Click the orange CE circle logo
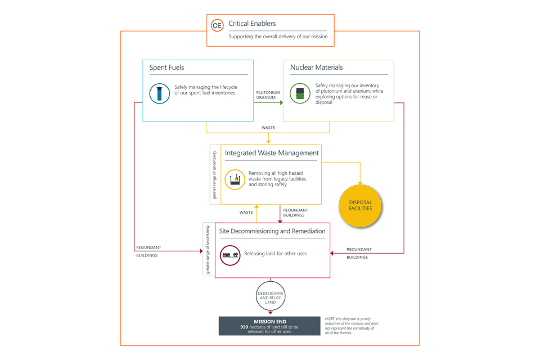[x=217, y=25]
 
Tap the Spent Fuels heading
[x=166, y=67]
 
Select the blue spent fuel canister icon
[x=160, y=93]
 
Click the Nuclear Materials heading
[x=316, y=67]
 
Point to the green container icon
[x=300, y=93]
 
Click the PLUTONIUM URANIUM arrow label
[x=268, y=95]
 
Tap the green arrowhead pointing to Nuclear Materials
[x=281, y=102]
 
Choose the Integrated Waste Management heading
[x=272, y=153]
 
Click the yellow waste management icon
[x=235, y=180]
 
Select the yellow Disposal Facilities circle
[x=360, y=205]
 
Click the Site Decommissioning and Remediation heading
[x=272, y=231]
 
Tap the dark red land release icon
[x=230, y=255]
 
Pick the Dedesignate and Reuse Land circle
[x=271, y=296]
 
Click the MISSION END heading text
[x=270, y=322]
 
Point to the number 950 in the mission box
[x=244, y=327]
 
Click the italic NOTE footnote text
[x=352, y=326]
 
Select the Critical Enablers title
[x=252, y=24]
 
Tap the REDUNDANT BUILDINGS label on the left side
[x=148, y=251]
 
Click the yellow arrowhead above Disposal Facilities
[x=360, y=183]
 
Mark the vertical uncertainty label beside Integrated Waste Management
[x=214, y=175]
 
